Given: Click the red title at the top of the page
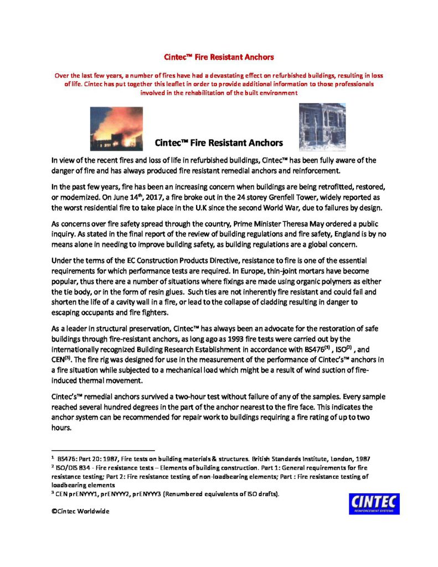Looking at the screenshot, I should point(219,57).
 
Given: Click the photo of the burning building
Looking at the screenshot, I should point(116,129).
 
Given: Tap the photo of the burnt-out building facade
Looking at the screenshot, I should point(322,127).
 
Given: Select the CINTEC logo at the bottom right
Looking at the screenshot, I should point(374,503).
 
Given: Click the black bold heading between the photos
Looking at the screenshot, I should point(219,143).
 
